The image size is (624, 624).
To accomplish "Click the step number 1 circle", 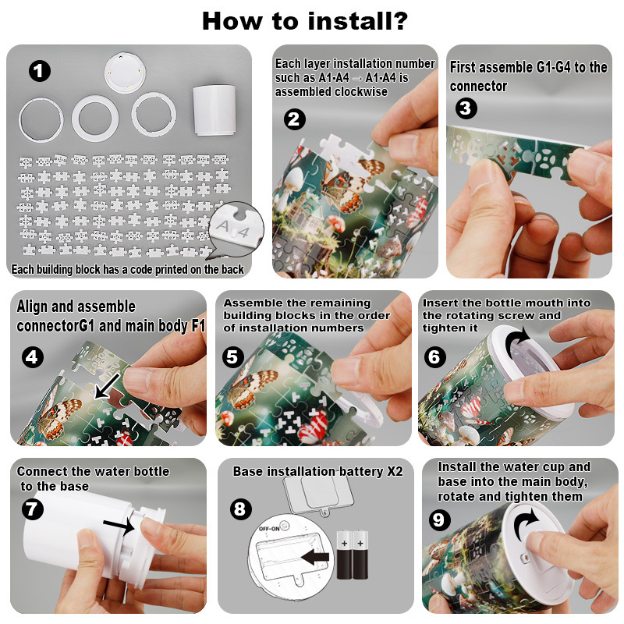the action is [x=40, y=71].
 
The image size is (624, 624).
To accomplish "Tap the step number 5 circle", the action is [x=232, y=356].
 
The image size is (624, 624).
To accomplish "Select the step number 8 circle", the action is [x=241, y=509].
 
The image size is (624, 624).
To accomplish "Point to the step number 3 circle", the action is [x=466, y=108].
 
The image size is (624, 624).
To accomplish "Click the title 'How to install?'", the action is [x=305, y=21].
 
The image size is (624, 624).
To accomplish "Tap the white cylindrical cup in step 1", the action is [x=214, y=110].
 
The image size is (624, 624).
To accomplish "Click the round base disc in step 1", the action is [x=125, y=73].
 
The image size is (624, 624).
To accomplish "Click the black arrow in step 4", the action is [x=107, y=385].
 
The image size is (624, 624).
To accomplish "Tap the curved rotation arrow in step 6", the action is [x=517, y=341].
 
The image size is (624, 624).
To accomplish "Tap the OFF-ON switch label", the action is [x=269, y=529].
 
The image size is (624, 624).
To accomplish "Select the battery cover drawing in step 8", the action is [x=318, y=495].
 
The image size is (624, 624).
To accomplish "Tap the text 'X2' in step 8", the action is [x=395, y=471].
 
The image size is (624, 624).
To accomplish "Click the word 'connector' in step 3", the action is [x=479, y=86].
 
